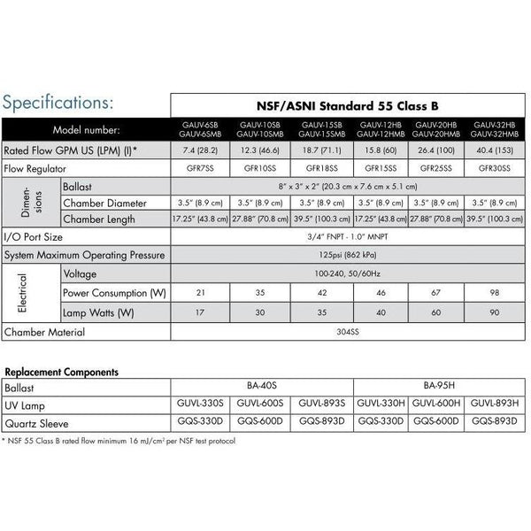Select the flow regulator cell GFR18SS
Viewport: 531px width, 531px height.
coord(319,166)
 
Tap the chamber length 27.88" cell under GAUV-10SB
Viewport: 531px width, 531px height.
coord(259,219)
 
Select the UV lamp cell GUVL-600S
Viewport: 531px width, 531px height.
coord(259,404)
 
